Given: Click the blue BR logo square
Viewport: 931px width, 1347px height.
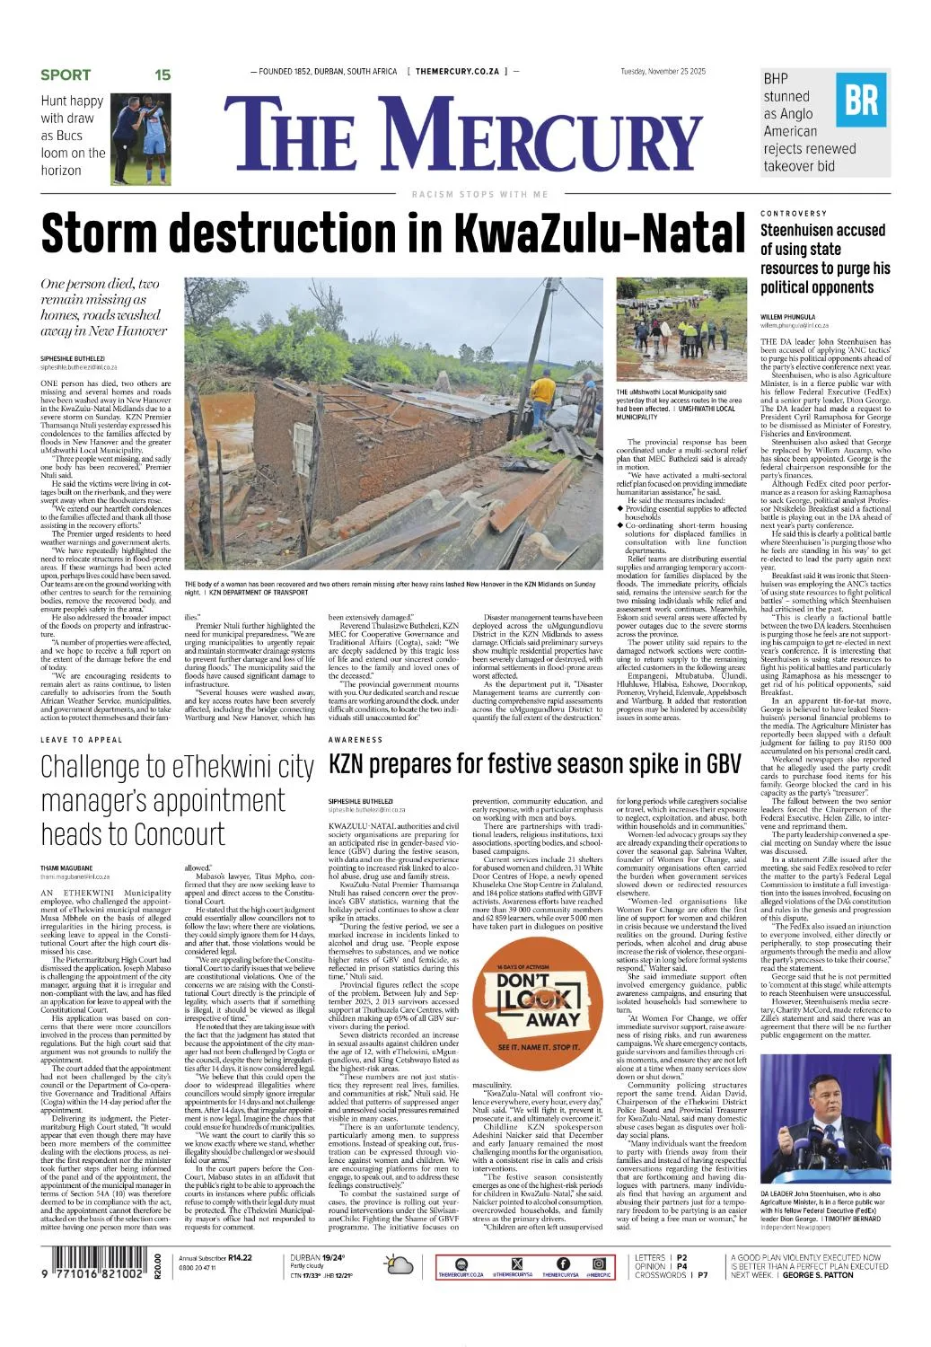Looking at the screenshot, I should [x=862, y=101].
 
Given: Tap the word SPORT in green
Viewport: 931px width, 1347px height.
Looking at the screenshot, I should [x=66, y=75].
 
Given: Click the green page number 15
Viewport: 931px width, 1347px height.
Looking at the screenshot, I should [x=162, y=75].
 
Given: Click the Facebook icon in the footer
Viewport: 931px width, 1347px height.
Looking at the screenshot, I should [x=563, y=1263].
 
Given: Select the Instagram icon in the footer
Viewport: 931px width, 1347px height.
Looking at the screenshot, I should [x=598, y=1263].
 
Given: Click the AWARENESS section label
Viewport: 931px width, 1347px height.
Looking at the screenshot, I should [x=356, y=740].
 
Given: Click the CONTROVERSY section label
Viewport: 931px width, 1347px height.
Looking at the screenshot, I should [x=794, y=214].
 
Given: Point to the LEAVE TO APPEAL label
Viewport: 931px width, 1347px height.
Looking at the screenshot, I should [x=81, y=740].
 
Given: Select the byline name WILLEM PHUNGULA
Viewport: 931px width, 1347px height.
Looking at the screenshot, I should [x=787, y=317].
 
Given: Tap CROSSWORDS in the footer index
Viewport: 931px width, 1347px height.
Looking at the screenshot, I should [x=660, y=1275].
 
